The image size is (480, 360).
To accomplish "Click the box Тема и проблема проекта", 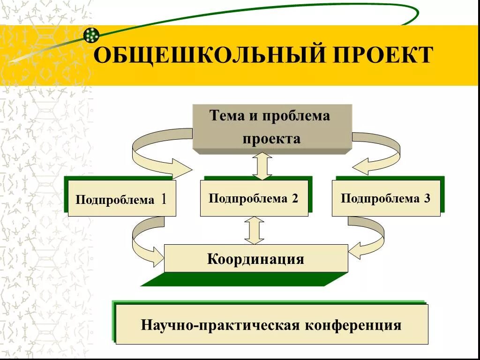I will (272, 127).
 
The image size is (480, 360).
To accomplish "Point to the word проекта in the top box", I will (271, 139).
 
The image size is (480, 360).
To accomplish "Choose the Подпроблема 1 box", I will (122, 199).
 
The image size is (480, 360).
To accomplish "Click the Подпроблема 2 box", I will (254, 198).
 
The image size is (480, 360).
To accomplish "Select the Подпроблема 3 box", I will (386, 198).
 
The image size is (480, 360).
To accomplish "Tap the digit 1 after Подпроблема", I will (164, 199).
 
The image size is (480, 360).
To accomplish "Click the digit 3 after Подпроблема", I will (427, 198).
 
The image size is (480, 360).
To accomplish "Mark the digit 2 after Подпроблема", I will (294, 198).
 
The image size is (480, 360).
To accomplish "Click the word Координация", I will (255, 259).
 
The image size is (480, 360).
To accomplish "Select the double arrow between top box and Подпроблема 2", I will (262, 166).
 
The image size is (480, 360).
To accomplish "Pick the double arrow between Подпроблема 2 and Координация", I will (255, 230).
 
